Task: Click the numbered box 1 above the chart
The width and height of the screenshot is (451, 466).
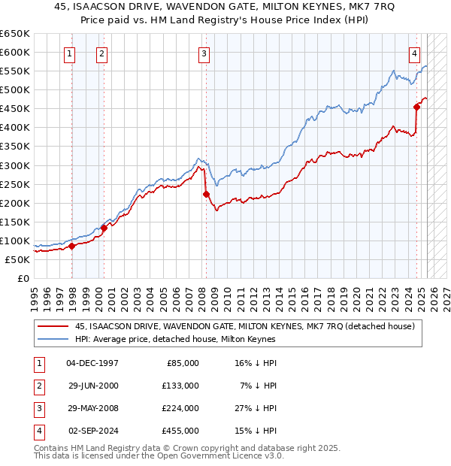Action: pos(69,53)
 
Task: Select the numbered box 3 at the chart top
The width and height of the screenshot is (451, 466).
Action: pos(204,53)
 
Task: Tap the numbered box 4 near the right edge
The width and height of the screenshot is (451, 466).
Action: pos(414,53)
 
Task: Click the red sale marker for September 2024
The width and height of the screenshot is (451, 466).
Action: pos(416,107)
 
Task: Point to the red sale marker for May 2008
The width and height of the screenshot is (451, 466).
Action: pos(206,194)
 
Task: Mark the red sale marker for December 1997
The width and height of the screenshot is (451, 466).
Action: pos(71,246)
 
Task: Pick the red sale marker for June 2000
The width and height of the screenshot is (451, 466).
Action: pos(104,228)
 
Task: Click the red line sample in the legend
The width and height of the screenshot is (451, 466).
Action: pos(53,325)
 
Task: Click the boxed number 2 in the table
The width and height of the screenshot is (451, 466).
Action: pos(38,386)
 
